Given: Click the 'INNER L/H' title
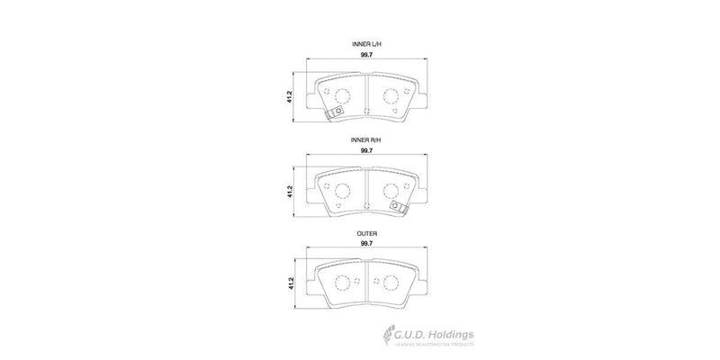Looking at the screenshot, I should (x=366, y=44).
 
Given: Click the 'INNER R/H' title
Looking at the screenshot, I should (x=366, y=141).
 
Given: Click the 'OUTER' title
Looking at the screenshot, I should (x=366, y=233).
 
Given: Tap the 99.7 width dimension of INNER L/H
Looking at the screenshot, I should (x=366, y=57).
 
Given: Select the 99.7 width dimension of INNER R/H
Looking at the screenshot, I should (x=366, y=152).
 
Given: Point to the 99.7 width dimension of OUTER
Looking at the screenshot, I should (x=366, y=243).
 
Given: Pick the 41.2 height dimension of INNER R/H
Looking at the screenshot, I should (x=289, y=192).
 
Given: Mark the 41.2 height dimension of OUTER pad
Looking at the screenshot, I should (x=289, y=283).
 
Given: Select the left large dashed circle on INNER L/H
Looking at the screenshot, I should (x=341, y=96).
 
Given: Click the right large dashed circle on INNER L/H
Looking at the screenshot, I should (x=391, y=96).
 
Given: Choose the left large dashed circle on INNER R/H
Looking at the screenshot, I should (x=341, y=191).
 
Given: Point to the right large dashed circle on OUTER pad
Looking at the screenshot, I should (x=391, y=283).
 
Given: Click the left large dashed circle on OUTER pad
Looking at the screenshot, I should (x=341, y=283).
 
